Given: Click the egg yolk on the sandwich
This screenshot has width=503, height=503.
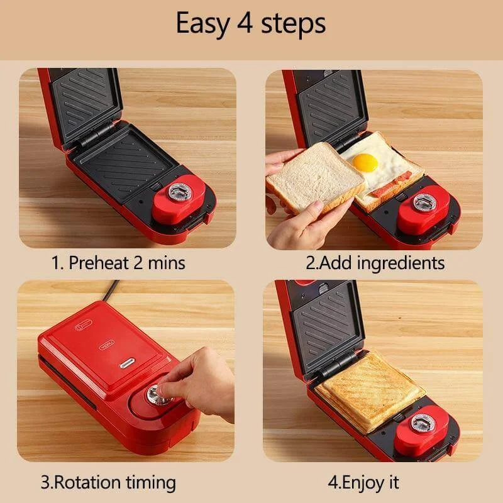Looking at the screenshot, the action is pos(365,163).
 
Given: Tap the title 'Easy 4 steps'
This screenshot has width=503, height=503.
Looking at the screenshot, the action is pos(251,23).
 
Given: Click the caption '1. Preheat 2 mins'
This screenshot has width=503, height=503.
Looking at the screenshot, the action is pos(118,263).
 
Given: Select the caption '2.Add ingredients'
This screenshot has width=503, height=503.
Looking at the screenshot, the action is pos(375,263).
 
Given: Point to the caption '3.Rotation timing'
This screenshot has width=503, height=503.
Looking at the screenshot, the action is pos(108,483).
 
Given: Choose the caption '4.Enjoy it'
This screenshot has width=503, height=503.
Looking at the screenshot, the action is pos(363,483).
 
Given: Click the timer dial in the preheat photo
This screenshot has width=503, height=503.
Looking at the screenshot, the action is pos(180,192).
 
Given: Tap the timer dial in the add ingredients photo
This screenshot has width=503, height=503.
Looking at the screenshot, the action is pos(424,202).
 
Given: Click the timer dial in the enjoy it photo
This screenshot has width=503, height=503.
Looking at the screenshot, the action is pos(423,423).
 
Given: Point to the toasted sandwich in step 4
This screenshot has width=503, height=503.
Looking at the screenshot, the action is pos(370,391).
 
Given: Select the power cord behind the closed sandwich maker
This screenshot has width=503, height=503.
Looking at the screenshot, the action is pos(110,290).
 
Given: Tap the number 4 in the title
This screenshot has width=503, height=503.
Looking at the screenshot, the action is pos(245,24).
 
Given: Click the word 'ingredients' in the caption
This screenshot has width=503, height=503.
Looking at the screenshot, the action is pos(401,263).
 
